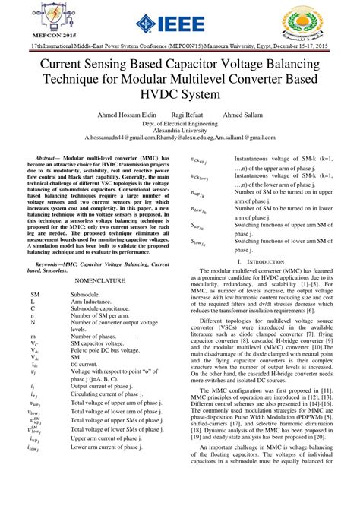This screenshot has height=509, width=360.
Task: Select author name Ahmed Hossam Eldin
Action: pos(128,115)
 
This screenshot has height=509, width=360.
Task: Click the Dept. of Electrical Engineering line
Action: pos(179,122)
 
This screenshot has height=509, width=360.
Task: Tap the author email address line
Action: pos(179,138)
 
